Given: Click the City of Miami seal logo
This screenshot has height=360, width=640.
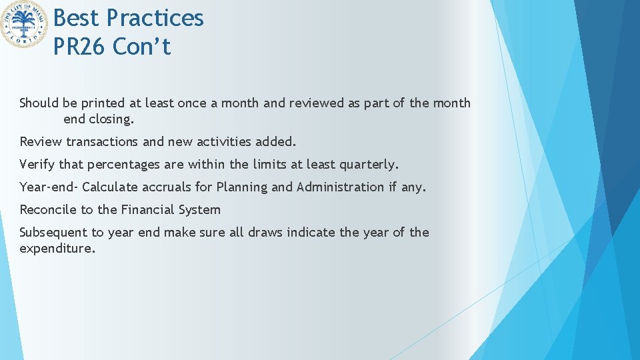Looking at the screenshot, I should pyautogui.click(x=25, y=25).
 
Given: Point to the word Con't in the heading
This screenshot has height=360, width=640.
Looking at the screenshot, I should pyautogui.click(x=142, y=47).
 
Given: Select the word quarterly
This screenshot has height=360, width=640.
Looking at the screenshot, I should pyautogui.click(x=369, y=165).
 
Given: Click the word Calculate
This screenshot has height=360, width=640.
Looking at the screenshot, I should pyautogui.click(x=110, y=187).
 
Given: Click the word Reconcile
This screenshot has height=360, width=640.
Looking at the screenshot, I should pyautogui.click(x=48, y=209).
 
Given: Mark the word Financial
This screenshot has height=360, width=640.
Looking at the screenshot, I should pyautogui.click(x=147, y=209).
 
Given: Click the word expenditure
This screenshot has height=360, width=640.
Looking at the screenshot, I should pyautogui.click(x=57, y=249).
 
